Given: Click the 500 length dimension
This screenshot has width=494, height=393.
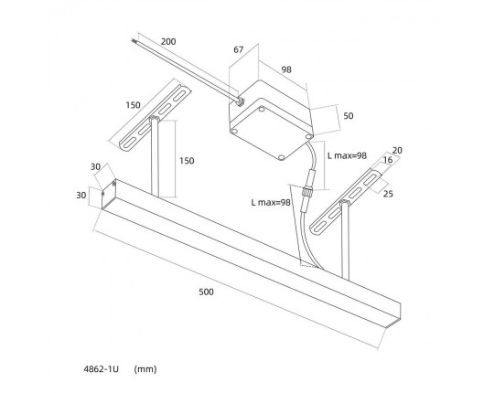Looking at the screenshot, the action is tap(206, 292).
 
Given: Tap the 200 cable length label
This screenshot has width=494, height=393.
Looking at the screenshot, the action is tap(168, 41).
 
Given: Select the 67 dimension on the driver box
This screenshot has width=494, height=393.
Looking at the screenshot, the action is tap(239, 49).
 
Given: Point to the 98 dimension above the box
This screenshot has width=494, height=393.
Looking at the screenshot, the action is tap(286, 69).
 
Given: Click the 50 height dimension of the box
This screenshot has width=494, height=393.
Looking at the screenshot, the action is tap(349, 116).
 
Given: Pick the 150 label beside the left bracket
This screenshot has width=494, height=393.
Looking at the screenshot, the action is tap(133, 105).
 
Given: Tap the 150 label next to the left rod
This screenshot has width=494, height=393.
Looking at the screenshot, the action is tap(187, 161).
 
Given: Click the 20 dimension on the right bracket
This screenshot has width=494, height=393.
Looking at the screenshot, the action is tap(397, 151).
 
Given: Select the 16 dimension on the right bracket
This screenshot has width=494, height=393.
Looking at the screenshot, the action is tap(388, 160).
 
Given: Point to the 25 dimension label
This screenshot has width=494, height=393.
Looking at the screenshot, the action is tap(388, 194).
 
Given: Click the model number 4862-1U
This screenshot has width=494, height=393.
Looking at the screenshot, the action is tap(102, 368).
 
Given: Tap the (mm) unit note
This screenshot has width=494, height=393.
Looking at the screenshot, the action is tap(145, 368).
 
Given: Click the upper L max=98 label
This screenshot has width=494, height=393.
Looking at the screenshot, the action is tap(347, 155).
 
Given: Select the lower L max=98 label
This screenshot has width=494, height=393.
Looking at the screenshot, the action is tap(271, 202).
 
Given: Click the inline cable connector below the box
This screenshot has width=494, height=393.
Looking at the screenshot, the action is tap(306, 192).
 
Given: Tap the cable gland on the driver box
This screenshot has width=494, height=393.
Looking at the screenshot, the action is tap(240, 101).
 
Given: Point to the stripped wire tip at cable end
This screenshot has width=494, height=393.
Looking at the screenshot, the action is tap(134, 40).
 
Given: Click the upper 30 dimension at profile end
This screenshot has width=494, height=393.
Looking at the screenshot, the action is tap(95, 166).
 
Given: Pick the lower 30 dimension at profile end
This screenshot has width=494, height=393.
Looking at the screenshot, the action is tap(81, 196).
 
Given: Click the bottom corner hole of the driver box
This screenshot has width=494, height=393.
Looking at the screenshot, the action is tap(282, 156).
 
